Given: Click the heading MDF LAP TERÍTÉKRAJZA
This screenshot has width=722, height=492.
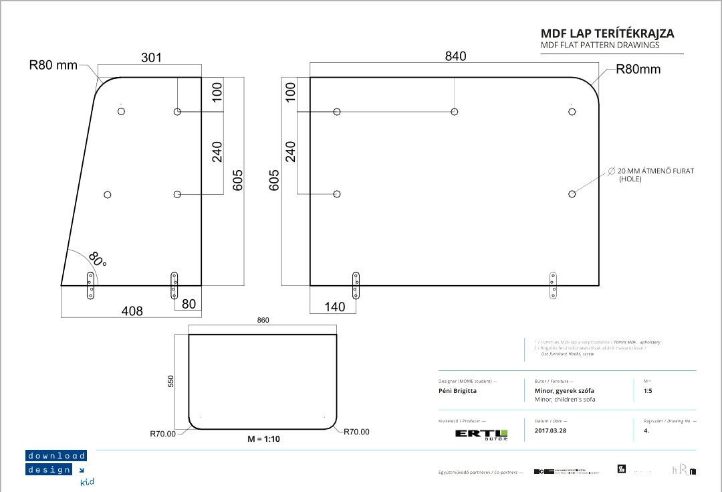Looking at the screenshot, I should click(x=607, y=33).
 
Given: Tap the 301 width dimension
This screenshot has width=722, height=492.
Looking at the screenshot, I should click(x=152, y=58).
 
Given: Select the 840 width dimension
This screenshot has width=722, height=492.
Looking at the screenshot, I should click(x=455, y=56).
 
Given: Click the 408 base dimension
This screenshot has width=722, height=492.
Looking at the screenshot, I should click(x=132, y=311).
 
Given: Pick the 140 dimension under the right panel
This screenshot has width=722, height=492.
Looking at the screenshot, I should click(x=334, y=307).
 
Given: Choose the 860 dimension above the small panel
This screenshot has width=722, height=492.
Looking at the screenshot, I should click(x=263, y=321).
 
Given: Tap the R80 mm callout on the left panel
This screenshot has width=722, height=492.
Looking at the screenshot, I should click(x=53, y=66).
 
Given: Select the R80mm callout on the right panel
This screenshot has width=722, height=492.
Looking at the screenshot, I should click(x=638, y=69).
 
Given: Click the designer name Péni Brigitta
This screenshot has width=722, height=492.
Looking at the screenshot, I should click(x=458, y=390).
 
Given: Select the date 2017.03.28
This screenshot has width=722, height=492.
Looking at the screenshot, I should click(x=550, y=430).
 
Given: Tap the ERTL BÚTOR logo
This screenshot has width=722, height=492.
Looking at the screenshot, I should click(x=481, y=434).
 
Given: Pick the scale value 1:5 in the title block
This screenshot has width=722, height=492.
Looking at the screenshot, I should click(x=648, y=390).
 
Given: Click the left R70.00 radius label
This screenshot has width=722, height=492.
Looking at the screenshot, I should click(x=162, y=434).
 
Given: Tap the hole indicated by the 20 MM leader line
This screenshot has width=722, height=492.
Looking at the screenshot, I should click(x=572, y=194).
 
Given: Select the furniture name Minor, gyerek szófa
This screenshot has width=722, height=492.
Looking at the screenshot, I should click(x=564, y=390).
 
